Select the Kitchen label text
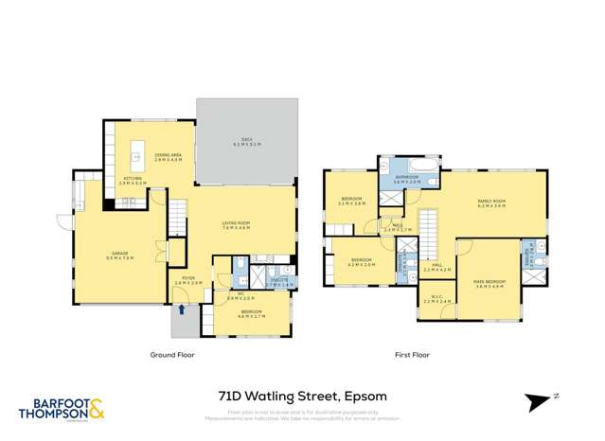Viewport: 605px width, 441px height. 132,180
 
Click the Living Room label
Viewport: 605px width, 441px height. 235,225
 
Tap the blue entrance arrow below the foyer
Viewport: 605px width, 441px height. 181,309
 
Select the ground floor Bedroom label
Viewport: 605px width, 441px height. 251,312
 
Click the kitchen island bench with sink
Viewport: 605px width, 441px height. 136,150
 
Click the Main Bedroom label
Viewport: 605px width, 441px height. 489,282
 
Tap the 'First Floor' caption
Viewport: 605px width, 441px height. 412,356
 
